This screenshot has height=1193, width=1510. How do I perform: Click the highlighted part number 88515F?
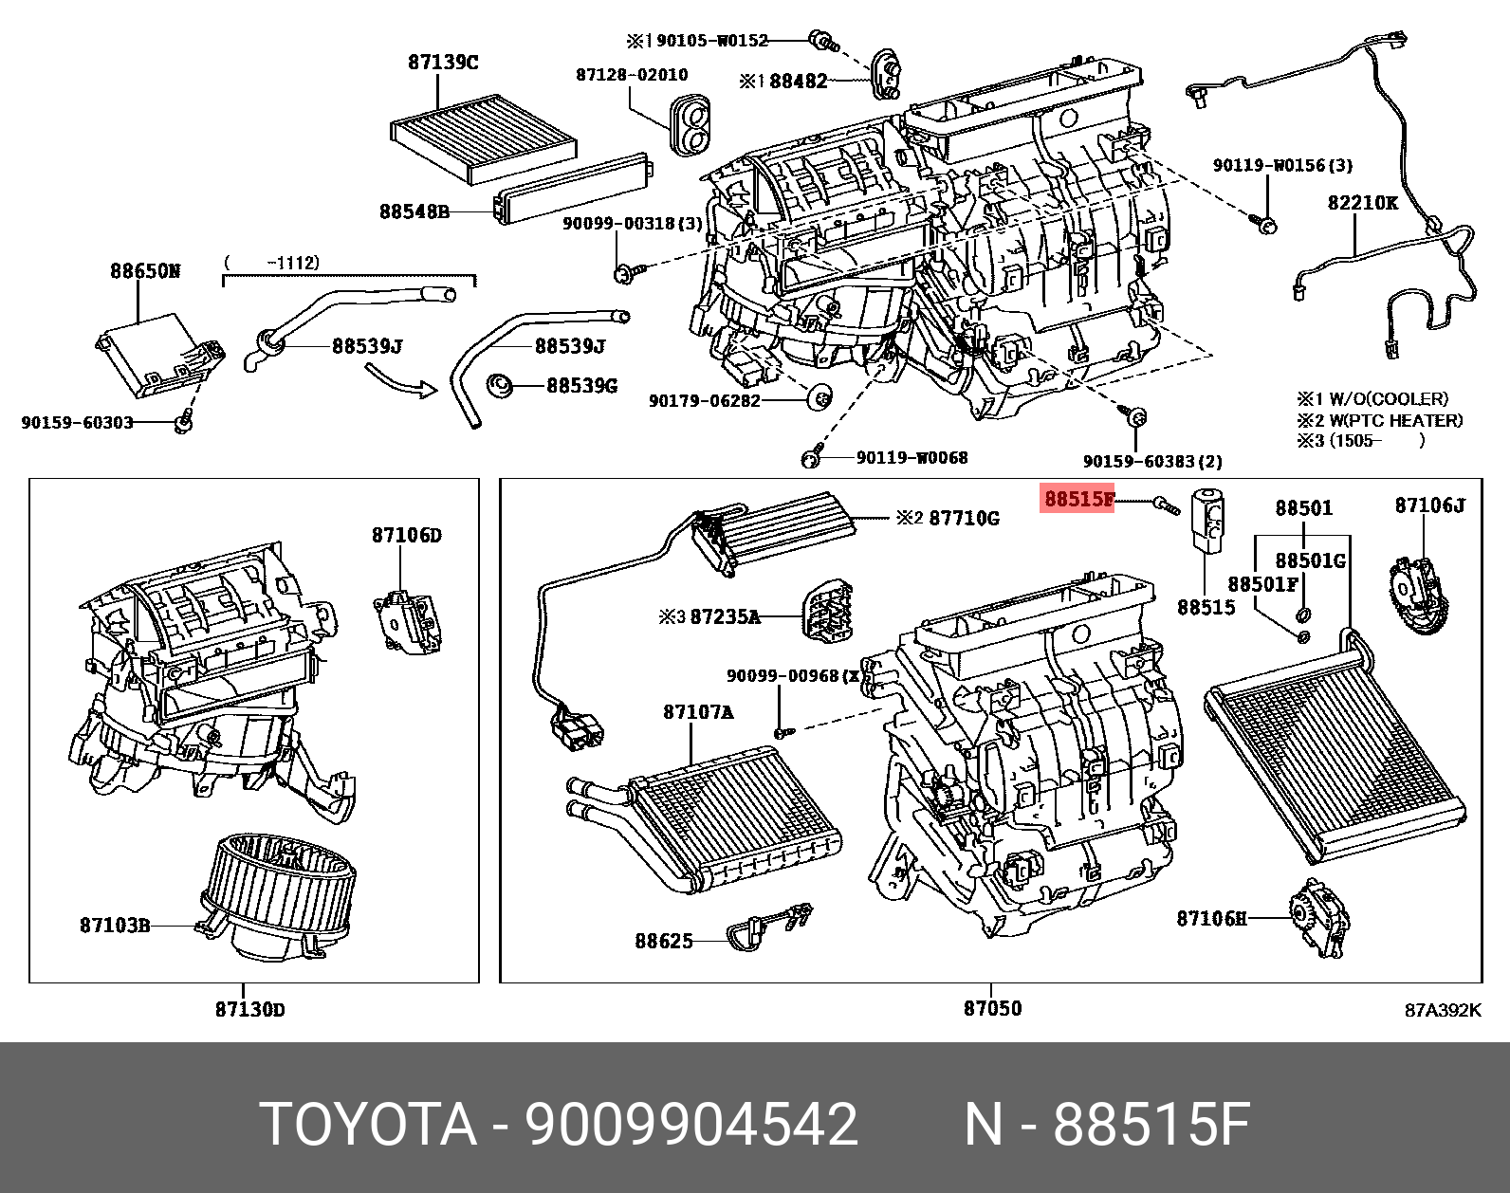click(x=1078, y=499)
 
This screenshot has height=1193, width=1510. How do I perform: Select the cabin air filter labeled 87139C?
click(x=484, y=142)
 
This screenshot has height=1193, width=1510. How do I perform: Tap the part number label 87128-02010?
click(x=632, y=75)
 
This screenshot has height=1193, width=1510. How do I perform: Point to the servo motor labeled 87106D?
click(x=409, y=621)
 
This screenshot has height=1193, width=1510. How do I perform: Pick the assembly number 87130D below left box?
click(x=249, y=1009)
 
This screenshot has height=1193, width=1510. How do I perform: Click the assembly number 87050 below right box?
click(x=992, y=1008)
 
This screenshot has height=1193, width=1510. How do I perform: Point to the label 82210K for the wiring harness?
click(x=1362, y=203)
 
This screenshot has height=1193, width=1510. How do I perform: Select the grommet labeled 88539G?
click(x=500, y=386)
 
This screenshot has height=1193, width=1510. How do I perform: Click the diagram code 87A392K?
click(x=1442, y=1010)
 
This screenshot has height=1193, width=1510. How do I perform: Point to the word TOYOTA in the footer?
click(x=368, y=1125)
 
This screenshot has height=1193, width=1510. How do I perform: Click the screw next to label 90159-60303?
click(x=184, y=422)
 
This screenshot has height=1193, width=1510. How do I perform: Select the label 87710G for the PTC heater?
click(x=964, y=518)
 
